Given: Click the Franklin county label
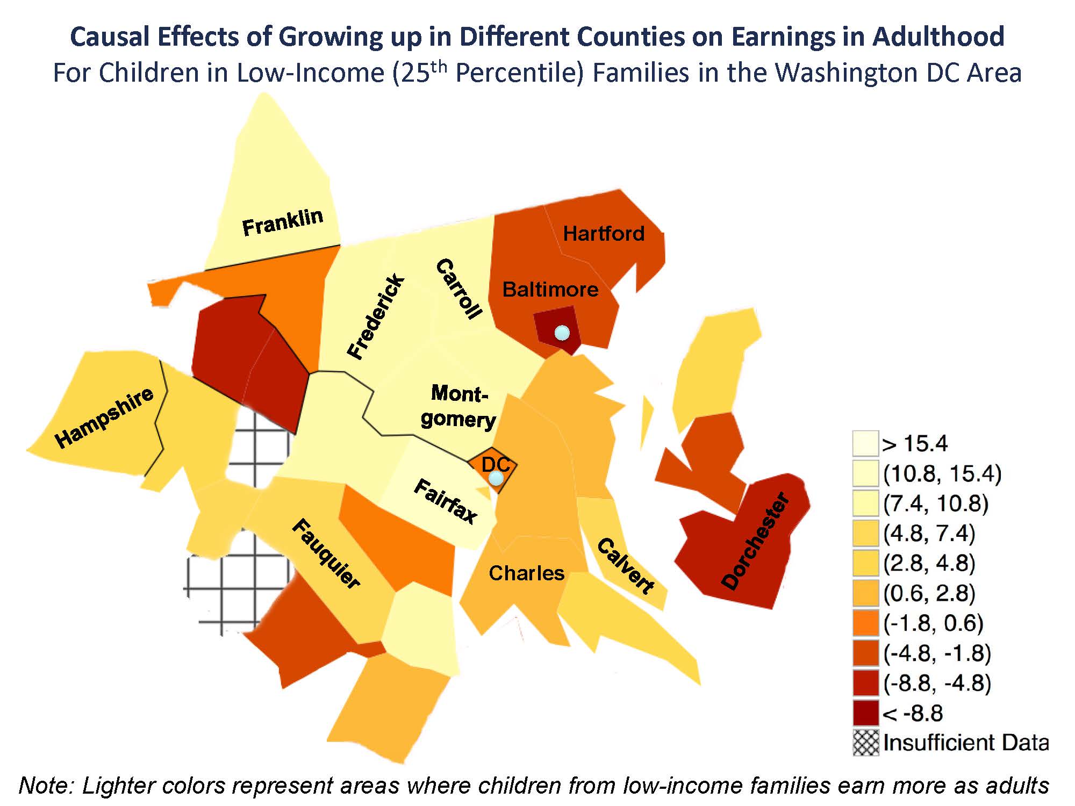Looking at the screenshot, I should pos(282,222).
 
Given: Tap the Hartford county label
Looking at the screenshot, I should pos(603,233).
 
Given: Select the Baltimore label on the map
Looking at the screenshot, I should pos(550,290).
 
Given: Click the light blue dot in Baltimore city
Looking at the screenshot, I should pos(562,333).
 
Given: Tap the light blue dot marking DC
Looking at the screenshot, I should pos(496,478).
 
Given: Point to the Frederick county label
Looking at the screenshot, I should pos(376,316).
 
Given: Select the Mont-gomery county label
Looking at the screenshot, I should pos(458,406).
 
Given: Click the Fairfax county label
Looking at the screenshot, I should pos(446,501).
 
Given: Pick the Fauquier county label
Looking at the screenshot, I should pos(326,554).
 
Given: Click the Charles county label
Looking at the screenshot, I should pos(526,573).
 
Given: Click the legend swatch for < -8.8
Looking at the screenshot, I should pos(865,713).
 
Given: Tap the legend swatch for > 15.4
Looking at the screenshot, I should pos(865,443).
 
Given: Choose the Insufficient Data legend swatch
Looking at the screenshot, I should pos(865,743).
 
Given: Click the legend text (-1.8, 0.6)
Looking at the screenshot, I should pos(933,623).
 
